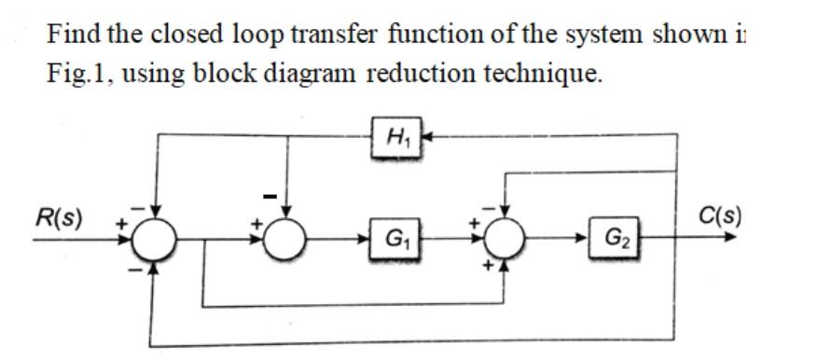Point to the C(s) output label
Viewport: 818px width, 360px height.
(x=721, y=217)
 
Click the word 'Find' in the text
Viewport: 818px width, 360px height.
(x=73, y=35)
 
